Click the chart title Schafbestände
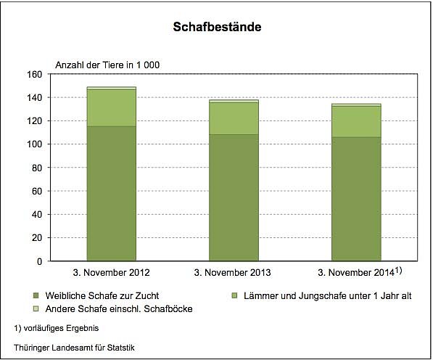217,28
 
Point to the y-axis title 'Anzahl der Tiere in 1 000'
104,65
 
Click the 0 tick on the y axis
40,261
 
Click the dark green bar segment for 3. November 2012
111,193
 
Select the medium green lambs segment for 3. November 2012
111,107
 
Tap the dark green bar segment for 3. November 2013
234,197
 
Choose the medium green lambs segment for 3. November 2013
234,118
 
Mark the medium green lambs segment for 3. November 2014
356,121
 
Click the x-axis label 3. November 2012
111,273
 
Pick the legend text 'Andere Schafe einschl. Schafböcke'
116,309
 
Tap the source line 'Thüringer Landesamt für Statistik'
74,348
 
